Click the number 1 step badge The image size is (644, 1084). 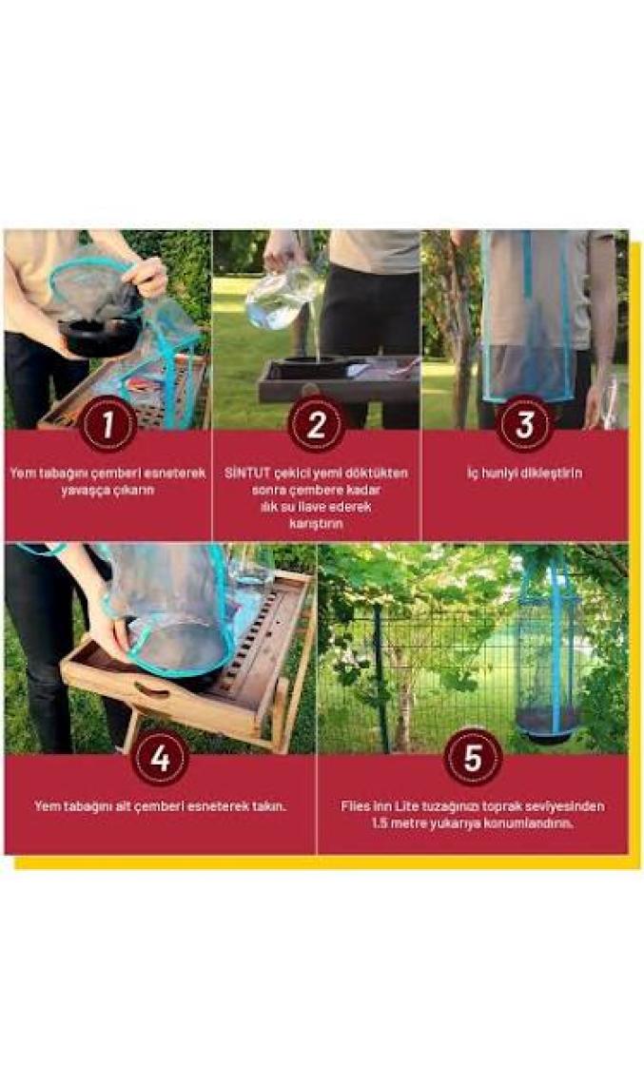107,424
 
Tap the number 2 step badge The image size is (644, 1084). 316,424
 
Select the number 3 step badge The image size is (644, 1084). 524,424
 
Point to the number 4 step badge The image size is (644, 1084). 161,758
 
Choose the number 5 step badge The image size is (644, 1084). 473,758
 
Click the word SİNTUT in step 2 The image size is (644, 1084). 245,473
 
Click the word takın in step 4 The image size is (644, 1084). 269,806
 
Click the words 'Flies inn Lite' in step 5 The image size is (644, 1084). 376,806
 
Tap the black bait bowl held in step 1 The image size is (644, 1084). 99,338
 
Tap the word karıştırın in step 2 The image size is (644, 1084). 316,524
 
